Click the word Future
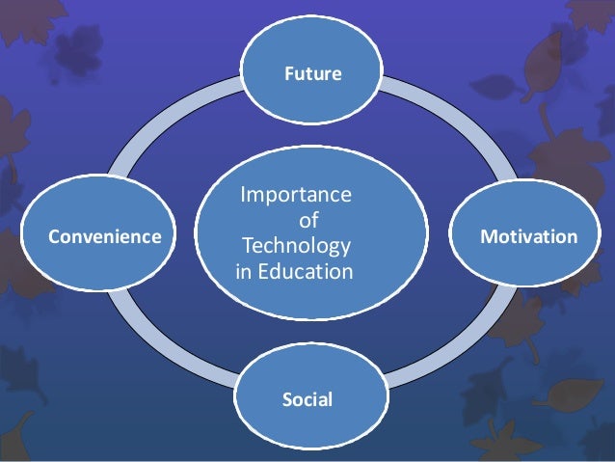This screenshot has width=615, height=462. click(311, 72)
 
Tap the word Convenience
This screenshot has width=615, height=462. click(106, 236)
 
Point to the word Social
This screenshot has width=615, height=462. click(307, 399)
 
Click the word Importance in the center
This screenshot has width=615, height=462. click(295, 197)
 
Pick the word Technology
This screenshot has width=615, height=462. click(297, 247)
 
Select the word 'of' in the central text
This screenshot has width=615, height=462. click(309, 222)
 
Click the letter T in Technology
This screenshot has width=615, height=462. click(248, 247)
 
